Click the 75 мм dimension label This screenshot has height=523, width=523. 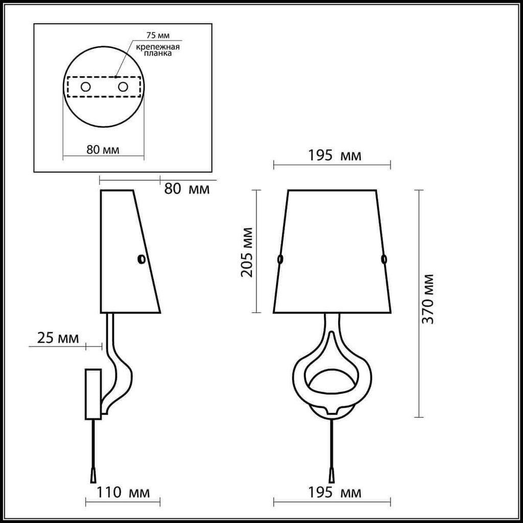point(158,35)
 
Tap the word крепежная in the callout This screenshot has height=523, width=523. point(158,46)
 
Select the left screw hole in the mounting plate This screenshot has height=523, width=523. point(86,87)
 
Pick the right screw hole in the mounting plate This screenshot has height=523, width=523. point(123,87)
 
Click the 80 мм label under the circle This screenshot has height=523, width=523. point(103,150)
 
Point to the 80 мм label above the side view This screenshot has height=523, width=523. point(187,189)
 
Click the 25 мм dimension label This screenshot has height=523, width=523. point(58,338)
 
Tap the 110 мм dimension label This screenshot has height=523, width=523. point(123,492)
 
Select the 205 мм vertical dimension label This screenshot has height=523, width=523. point(247,252)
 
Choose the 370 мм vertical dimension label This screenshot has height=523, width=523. point(428,299)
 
